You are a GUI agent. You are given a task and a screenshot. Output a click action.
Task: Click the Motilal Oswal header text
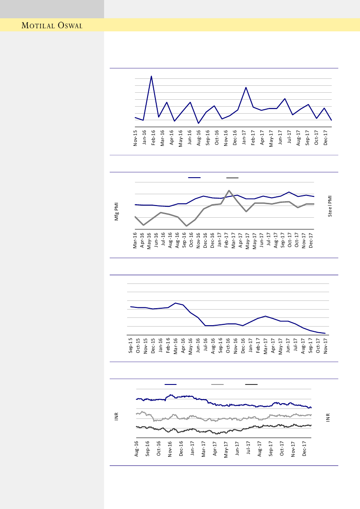pyautogui.click(x=52, y=26)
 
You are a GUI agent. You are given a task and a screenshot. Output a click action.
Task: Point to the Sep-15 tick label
pyautogui.click(x=131, y=344)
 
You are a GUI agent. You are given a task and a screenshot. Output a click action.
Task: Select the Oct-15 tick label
pyautogui.click(x=138, y=344)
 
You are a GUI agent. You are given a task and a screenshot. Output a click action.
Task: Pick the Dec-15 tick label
pyautogui.click(x=153, y=344)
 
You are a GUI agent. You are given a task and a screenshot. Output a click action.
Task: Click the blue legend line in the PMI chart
pyautogui.click(x=194, y=178)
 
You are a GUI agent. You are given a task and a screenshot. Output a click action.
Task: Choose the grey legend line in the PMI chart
pyautogui.click(x=232, y=178)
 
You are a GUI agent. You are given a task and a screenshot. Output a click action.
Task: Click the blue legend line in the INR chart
pyautogui.click(x=171, y=384)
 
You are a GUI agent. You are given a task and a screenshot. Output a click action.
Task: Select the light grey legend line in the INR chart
pyautogui.click(x=217, y=384)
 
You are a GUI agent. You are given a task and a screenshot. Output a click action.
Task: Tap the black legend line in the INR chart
pyautogui.click(x=251, y=384)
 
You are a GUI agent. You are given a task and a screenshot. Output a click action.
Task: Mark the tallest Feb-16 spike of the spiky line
pyautogui.click(x=151, y=76)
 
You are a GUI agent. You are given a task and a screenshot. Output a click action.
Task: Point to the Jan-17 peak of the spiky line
pyautogui.click(x=246, y=88)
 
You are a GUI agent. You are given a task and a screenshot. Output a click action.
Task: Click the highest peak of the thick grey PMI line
pyautogui.click(x=229, y=190)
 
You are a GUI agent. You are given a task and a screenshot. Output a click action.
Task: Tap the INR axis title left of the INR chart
pyautogui.click(x=117, y=417)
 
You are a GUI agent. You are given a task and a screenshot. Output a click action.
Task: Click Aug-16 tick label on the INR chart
pyautogui.click(x=137, y=448)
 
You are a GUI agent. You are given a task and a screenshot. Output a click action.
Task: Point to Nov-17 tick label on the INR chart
pyautogui.click(x=294, y=448)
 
